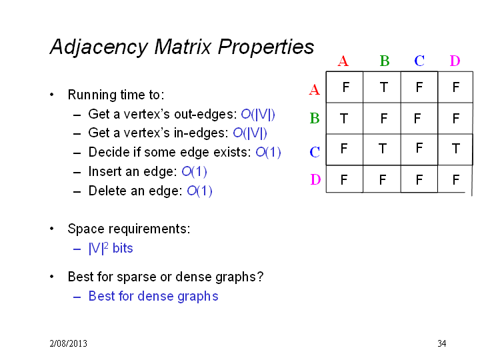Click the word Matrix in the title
[183, 47]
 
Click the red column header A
[343, 61]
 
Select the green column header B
[385, 61]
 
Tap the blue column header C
[419, 61]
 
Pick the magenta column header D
[455, 61]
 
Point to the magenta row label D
[315, 179]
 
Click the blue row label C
[315, 152]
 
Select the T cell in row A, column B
[384, 87]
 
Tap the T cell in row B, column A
[344, 119]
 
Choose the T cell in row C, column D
[456, 149]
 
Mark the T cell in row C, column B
[383, 149]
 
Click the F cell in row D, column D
[456, 180]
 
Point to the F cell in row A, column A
[346, 87]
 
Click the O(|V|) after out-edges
[258, 114]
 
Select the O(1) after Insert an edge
[195, 171]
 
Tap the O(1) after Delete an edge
[199, 191]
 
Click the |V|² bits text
[111, 248]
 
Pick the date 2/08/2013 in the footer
[68, 343]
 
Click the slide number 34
[442, 343]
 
